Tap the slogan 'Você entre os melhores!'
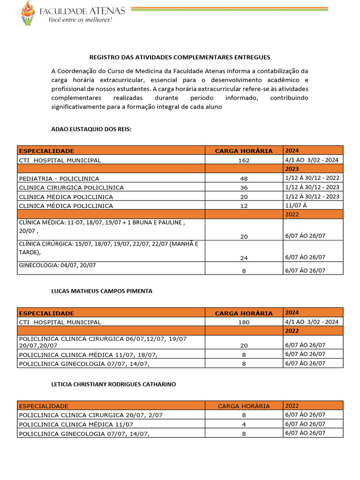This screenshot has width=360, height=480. coord(81,20)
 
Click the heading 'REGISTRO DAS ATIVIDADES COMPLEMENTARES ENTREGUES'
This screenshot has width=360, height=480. coord(180,57)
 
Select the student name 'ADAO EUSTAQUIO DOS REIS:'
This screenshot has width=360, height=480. coord(91,129)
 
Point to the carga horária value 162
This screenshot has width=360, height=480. coord(243,160)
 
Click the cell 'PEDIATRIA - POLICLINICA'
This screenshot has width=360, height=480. coord(59,179)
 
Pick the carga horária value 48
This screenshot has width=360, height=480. coord(243,179)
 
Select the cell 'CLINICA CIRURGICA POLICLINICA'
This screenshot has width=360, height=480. coord(71,187)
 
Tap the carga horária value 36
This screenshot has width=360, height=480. coord(243,187)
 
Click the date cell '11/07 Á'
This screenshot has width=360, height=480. coord(295,205)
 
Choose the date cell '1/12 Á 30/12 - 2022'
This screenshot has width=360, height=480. coord(312,178)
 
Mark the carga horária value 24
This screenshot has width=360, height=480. coord(243,258)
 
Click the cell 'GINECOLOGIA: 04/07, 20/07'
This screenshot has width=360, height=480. coord(57,265)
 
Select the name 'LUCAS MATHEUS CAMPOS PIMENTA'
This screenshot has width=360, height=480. coord(102,291)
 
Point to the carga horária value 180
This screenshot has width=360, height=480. coord(243,322)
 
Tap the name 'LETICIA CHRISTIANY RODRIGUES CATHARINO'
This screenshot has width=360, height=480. coord(113,384)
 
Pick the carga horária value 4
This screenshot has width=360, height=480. coord(243,424)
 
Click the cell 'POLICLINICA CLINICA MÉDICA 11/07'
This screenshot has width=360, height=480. coord(76,424)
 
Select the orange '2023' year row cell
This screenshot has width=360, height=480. coord(292,169)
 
